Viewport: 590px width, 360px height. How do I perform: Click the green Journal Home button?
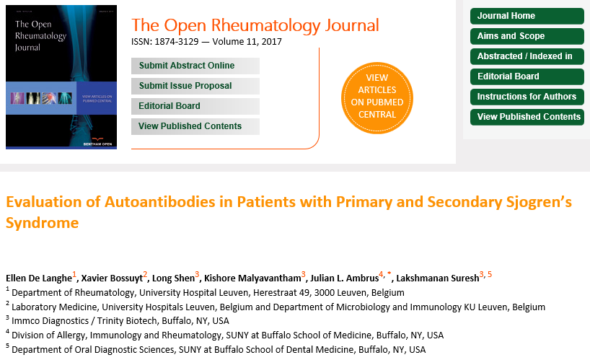point(527,16)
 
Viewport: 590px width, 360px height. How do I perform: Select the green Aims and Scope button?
point(527,36)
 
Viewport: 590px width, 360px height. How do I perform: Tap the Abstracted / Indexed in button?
point(527,56)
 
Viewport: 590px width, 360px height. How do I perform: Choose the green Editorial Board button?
point(527,76)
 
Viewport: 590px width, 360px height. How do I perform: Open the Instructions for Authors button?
point(527,97)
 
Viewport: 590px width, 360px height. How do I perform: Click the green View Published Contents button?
point(527,117)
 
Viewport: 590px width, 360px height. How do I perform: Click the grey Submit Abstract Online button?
point(195,66)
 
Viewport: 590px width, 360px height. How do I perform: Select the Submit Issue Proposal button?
point(195,86)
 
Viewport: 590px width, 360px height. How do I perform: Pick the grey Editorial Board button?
point(195,106)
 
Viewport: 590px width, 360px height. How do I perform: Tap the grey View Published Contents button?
point(195,126)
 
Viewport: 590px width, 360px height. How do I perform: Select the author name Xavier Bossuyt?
point(112,278)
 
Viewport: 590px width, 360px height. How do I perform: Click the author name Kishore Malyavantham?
point(252,278)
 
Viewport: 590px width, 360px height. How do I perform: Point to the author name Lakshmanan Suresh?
point(438,278)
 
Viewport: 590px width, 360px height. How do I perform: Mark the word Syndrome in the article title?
point(42,223)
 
